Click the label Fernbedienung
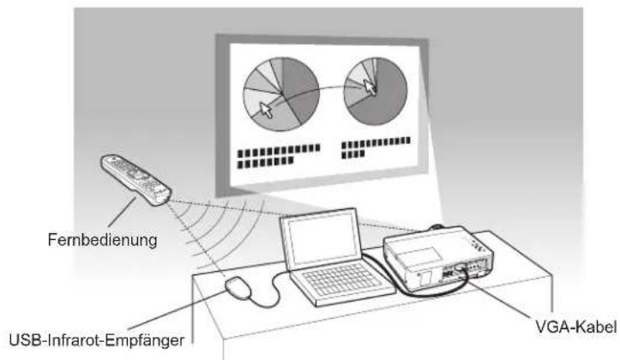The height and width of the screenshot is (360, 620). coord(102,240)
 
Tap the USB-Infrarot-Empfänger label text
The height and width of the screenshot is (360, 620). coord(97,339)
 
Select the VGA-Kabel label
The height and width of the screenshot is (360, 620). coord(575,327)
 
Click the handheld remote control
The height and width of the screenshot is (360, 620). coord(136,180)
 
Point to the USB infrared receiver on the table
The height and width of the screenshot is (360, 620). coord(238,288)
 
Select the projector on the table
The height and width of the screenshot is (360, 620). coord(437,257)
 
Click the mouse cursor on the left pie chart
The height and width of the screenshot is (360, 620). coord(266,110)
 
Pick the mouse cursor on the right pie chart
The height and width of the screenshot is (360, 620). coord(370,87)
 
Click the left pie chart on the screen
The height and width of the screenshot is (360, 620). coord(281,93)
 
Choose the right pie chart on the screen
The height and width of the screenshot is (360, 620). coord(376,91)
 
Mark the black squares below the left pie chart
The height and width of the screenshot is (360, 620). coord(279,156)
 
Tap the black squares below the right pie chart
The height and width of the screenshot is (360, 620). coord(376,147)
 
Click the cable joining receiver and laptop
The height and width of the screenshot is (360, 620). coord(271,291)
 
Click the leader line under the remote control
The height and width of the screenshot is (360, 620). coord(122,212)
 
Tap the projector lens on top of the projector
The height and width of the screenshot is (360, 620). coord(437,227)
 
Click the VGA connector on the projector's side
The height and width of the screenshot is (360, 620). coord(460,268)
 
